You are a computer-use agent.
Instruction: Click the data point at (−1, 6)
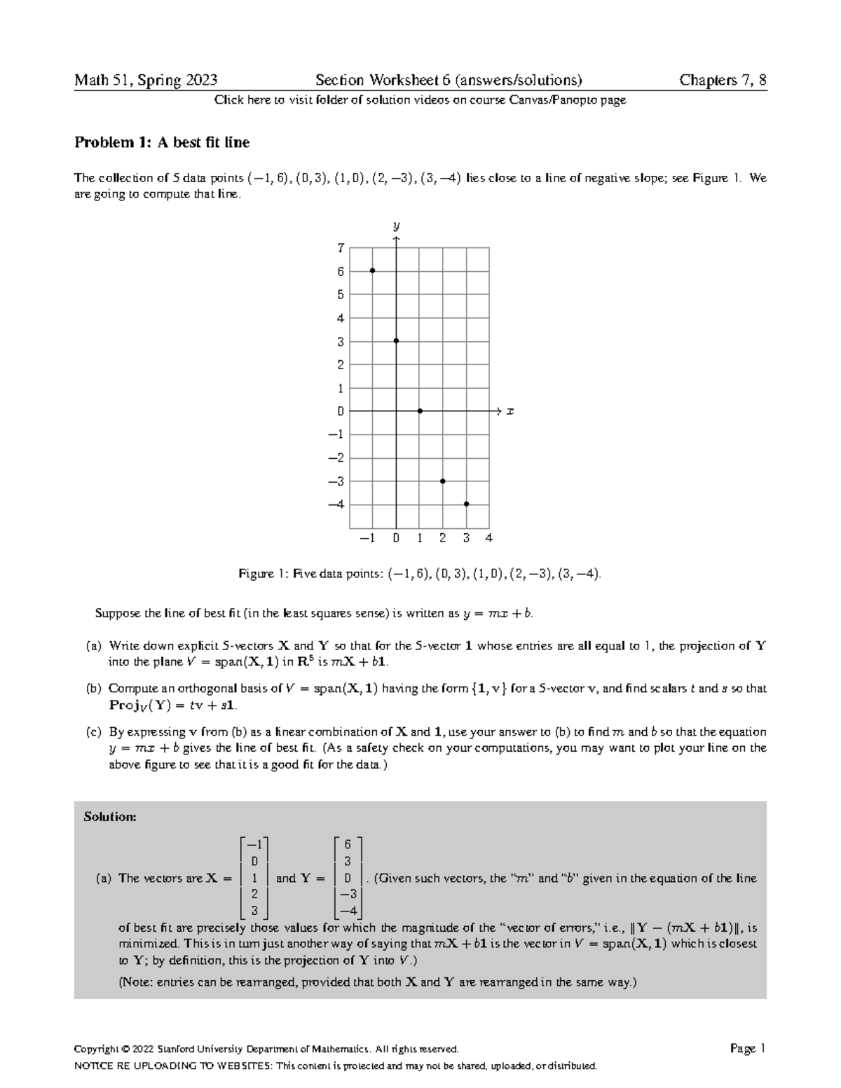pos(373,270)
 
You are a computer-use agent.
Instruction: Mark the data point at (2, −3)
pos(443,481)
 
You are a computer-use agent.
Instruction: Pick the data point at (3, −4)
pos(466,504)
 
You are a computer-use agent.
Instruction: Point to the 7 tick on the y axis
pos(341,248)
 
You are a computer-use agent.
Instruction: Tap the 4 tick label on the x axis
pos(488,539)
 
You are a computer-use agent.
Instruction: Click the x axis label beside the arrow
pos(510,412)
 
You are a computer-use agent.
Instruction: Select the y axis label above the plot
pos(396,226)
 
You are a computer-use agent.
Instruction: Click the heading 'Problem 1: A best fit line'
pos(162,143)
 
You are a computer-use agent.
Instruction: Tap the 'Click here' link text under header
pos(238,100)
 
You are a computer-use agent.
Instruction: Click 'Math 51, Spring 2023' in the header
pos(146,81)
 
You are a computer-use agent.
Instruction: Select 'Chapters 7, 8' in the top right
pos(723,81)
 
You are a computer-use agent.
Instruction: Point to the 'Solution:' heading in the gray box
pos(109,816)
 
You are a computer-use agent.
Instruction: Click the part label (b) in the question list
pos(94,689)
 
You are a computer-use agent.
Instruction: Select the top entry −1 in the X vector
pos(254,844)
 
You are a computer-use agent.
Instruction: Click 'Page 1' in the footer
pos(747,1049)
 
